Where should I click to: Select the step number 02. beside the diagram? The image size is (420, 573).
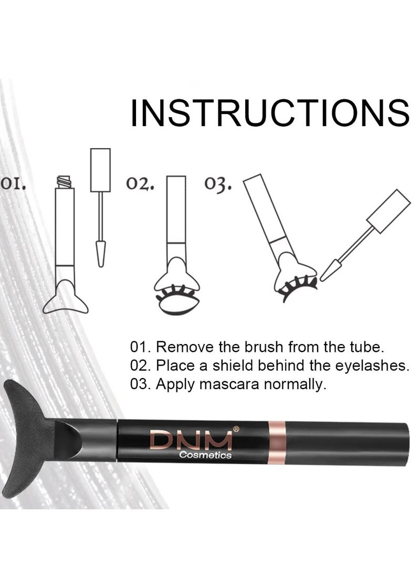140,185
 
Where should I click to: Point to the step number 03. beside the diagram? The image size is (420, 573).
218,185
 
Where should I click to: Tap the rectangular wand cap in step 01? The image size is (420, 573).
100,170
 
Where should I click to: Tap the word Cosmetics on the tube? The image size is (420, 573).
205,456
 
